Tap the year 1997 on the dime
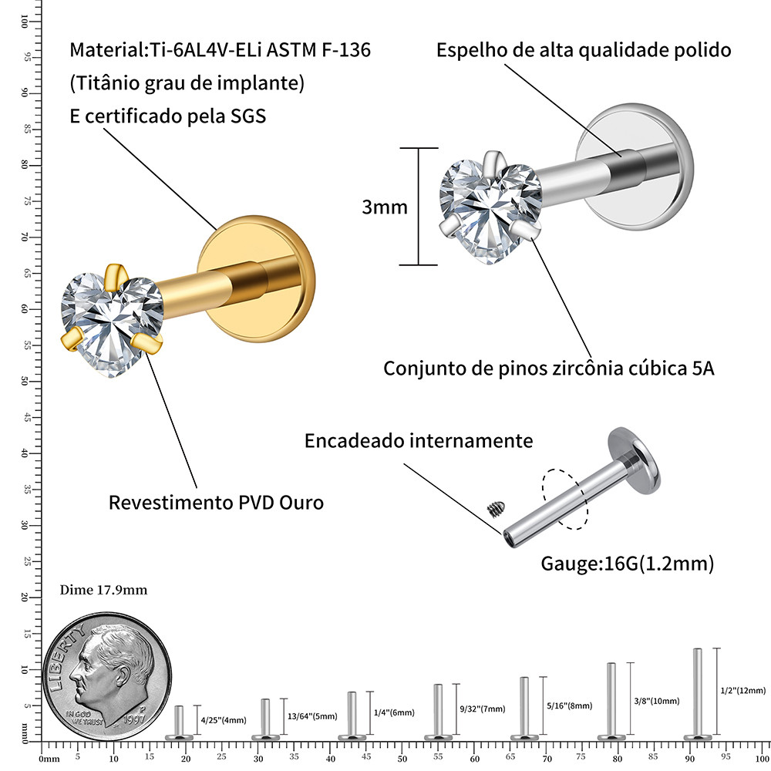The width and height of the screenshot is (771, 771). coord(135,717)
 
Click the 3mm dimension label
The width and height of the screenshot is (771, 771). coord(385,207)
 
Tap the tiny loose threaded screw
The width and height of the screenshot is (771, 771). coord(495,508)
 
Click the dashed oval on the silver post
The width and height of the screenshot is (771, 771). coord(565,499)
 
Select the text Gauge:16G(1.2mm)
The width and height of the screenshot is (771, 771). coord(627,564)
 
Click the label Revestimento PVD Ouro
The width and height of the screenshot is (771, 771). coord(216,503)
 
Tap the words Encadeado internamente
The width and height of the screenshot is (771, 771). coord(419,441)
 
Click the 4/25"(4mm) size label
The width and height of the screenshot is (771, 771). coord(223,720)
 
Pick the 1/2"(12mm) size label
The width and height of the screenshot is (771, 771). coord(742,690)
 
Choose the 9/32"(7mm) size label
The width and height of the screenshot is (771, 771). coord(481,709)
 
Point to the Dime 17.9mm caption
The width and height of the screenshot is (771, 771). coord(103,590)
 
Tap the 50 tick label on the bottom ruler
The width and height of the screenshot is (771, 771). coord(402,759)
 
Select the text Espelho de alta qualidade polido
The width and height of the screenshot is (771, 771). coord(584,50)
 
